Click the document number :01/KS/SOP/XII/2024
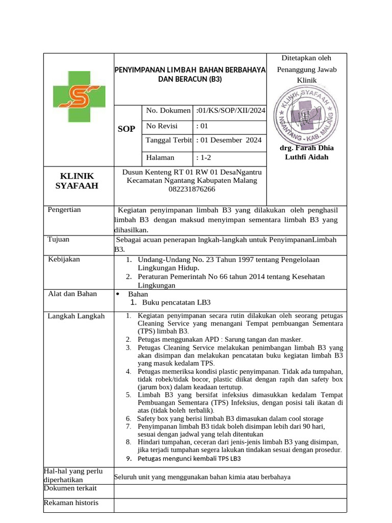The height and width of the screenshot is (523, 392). pyautogui.click(x=231, y=110)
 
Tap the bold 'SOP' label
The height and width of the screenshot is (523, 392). pyautogui.click(x=126, y=129)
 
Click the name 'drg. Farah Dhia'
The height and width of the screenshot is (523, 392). pyautogui.click(x=306, y=148)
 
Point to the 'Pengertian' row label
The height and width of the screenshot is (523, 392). pyautogui.click(x=64, y=209)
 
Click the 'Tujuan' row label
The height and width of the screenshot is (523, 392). pyautogui.click(x=59, y=239)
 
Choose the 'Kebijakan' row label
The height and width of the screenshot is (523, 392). pyautogui.click(x=64, y=259)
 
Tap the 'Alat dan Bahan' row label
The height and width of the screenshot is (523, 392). pyautogui.click(x=72, y=294)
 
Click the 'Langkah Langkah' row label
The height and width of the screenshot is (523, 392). pyautogui.click(x=76, y=316)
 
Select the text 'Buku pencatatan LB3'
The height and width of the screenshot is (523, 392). pyautogui.click(x=177, y=302)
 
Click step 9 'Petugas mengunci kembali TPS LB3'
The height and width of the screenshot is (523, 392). pyautogui.click(x=189, y=458)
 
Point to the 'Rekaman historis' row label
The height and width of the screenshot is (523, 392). pyautogui.click(x=71, y=503)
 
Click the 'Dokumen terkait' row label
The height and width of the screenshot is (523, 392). pyautogui.click(x=70, y=488)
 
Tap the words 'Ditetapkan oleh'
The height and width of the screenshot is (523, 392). pyautogui.click(x=306, y=58)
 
